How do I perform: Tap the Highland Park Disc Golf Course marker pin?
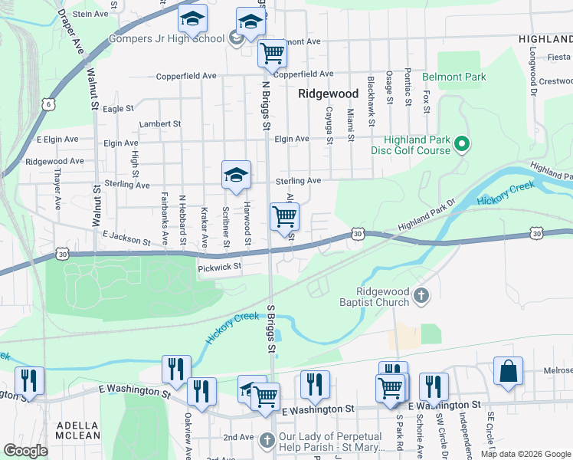[462, 143]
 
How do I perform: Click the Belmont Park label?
[462, 77]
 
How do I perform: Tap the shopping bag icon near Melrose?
[509, 371]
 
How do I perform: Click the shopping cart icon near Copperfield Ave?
[272, 54]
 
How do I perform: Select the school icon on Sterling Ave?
[237, 176]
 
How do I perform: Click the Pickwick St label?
[220, 267]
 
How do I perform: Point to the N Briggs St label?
[266, 105]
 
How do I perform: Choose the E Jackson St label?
[123, 239]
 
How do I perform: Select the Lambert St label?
[159, 123]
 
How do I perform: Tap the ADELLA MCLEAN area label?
[77, 430]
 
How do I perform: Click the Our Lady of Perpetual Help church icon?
[267, 440]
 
